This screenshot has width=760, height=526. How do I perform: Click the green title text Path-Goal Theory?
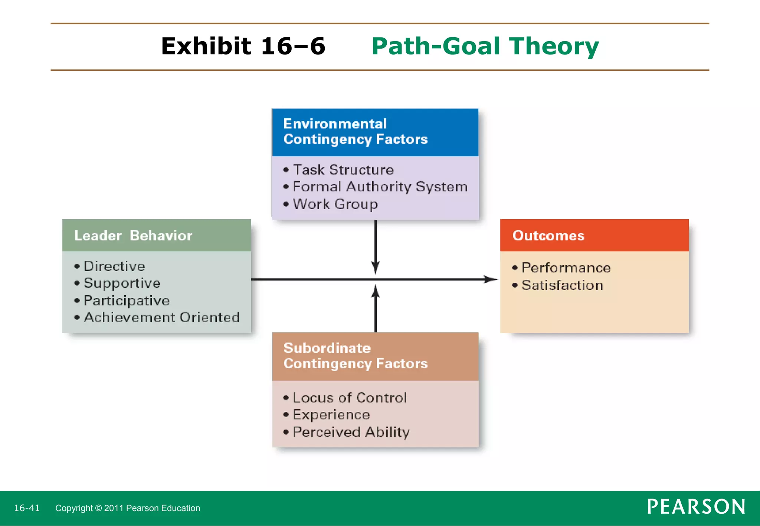point(485,46)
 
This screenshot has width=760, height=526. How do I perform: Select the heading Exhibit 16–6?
point(243,46)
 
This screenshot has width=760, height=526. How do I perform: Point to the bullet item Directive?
point(114,266)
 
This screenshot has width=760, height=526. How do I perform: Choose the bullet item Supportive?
point(122,283)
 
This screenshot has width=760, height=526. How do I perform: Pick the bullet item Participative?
point(126,300)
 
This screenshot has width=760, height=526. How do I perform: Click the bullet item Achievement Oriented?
point(161,318)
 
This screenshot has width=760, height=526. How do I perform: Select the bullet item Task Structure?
point(343,170)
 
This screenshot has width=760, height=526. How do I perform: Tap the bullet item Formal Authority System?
point(380,187)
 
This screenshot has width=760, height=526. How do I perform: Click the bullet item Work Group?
point(335,204)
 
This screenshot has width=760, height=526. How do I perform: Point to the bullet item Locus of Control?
point(350,398)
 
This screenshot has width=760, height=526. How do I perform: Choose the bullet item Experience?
point(331,415)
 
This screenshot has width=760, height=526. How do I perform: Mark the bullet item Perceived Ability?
point(351,432)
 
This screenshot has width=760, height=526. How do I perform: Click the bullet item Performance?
point(566,268)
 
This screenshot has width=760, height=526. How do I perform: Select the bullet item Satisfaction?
point(562,285)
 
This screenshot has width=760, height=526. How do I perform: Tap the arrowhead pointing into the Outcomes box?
point(492,279)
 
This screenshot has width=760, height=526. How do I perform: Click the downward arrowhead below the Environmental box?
point(376,268)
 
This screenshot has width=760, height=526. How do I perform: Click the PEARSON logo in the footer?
point(696,507)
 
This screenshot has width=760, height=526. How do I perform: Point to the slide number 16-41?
point(27,508)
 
